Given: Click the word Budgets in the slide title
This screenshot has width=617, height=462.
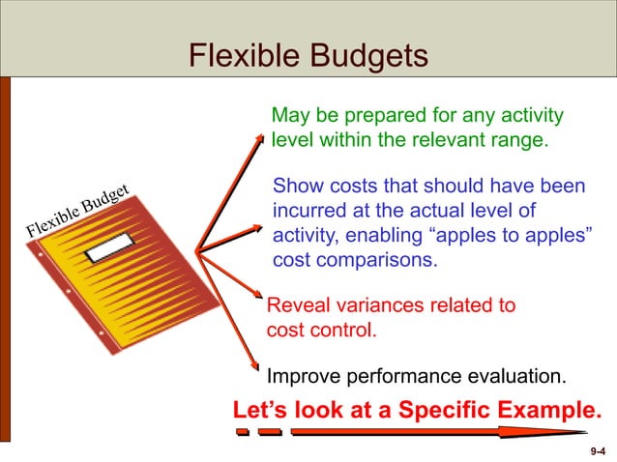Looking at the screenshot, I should [x=367, y=56].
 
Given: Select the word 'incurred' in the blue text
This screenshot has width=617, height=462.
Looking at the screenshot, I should [x=308, y=211].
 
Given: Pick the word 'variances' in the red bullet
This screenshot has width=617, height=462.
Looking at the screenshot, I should [x=382, y=306].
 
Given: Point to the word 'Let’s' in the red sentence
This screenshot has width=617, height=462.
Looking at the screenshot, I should [x=262, y=410].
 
